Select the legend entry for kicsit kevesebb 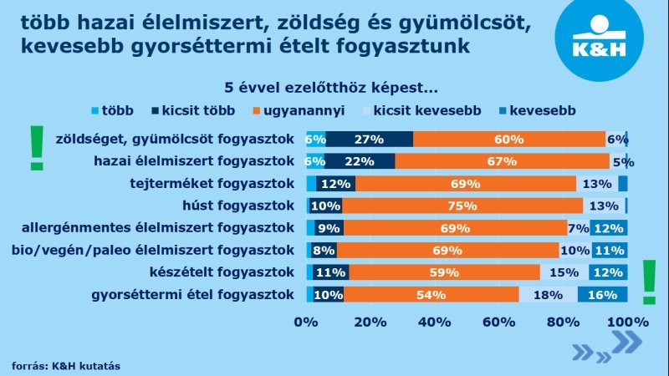[426, 109]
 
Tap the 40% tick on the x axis [434, 322]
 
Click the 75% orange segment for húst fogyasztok [462, 206]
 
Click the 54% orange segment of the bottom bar [431, 293]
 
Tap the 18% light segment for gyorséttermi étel [548, 293]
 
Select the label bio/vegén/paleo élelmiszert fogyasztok [153, 250]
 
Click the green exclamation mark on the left [36, 148]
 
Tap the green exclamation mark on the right [648, 282]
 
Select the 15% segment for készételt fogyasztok [564, 272]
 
